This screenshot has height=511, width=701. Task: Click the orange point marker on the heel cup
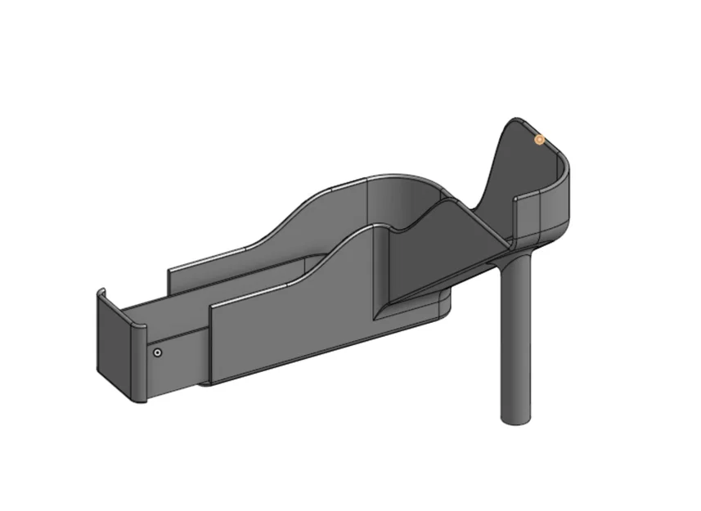pos(539,140)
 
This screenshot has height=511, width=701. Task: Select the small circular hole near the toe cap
pos(158,352)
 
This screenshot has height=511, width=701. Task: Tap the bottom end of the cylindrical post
pos(516,419)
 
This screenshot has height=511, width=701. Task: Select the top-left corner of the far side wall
pos(169,269)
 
